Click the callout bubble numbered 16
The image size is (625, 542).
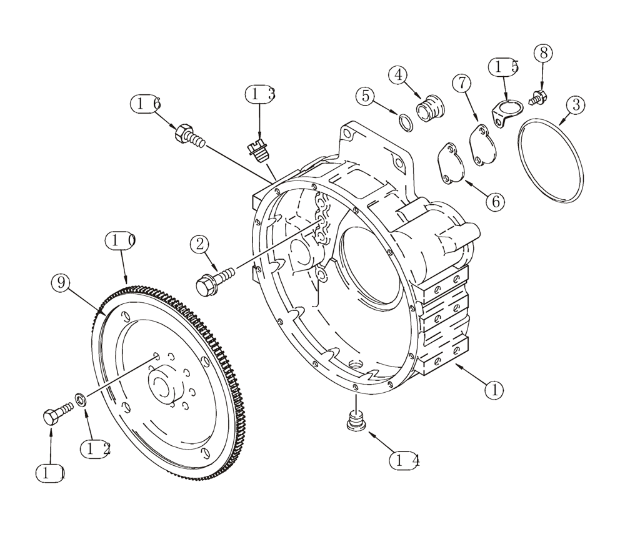[x=146, y=104]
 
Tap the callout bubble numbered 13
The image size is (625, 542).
[x=260, y=95]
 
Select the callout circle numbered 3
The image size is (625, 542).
[x=576, y=104]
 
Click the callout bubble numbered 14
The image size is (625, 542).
[x=404, y=461]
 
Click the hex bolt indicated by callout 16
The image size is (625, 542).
[x=190, y=137]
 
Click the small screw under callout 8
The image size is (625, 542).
[x=537, y=97]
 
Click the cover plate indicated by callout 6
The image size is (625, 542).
[x=451, y=164]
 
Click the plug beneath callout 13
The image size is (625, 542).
[x=257, y=150]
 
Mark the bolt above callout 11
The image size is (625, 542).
[x=54, y=415]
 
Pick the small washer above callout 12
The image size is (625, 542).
[x=81, y=399]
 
